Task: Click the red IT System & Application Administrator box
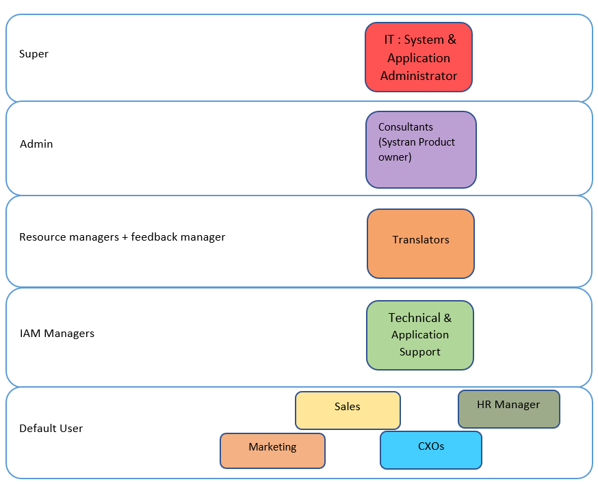click(x=418, y=57)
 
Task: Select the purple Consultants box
click(x=420, y=150)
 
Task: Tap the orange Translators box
click(x=420, y=243)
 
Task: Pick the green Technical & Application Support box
click(x=419, y=335)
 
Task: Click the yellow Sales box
click(x=348, y=410)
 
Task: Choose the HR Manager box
click(x=508, y=409)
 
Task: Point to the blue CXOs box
click(x=430, y=450)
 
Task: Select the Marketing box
click(x=272, y=451)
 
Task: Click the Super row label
click(x=34, y=54)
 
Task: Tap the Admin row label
click(x=36, y=144)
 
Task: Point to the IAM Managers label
click(x=57, y=334)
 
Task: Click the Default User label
click(x=51, y=429)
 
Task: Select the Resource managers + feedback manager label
click(x=122, y=237)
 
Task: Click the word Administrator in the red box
click(x=418, y=76)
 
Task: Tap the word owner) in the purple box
click(x=395, y=157)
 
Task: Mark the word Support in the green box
click(x=419, y=352)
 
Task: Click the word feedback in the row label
click(x=155, y=237)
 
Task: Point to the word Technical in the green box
click(x=415, y=318)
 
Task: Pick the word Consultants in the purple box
click(x=405, y=127)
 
